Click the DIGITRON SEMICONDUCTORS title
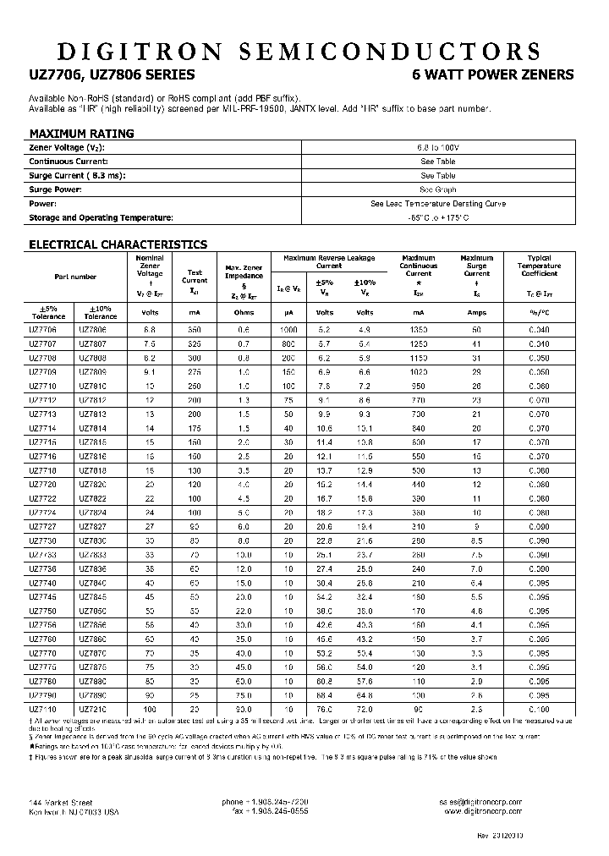click(304, 50)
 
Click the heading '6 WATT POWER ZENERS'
click(492, 75)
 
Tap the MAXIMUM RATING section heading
click(81, 134)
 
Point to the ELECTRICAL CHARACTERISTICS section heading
click(118, 244)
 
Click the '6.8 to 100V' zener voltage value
click(437, 147)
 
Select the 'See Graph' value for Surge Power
click(437, 189)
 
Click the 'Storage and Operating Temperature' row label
click(101, 217)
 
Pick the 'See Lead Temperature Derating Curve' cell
click(437, 204)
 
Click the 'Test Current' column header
click(195, 277)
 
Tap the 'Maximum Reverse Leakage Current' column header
click(329, 261)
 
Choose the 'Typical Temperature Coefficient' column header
click(539, 266)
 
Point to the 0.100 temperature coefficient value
click(539, 708)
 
